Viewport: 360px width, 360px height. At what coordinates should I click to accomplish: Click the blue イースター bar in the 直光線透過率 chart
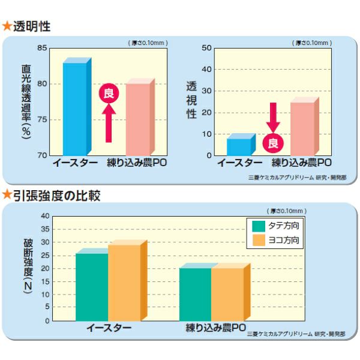74,108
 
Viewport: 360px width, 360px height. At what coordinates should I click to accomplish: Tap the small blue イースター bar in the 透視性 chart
239,146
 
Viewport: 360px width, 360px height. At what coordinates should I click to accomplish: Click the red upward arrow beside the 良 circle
109,123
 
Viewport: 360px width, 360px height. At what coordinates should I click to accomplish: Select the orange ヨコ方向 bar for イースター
124,282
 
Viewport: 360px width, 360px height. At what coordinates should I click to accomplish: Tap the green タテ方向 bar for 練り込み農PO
196,294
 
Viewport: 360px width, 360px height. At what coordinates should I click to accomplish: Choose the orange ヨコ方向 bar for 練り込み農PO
228,294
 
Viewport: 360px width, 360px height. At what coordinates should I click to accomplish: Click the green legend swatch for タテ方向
259,226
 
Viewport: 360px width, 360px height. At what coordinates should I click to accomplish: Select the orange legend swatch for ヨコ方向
259,241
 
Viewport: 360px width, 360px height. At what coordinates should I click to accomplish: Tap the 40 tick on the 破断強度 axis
45,216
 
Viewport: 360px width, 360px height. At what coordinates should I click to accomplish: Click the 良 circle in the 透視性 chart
274,143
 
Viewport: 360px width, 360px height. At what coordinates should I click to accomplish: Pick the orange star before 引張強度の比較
7,195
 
